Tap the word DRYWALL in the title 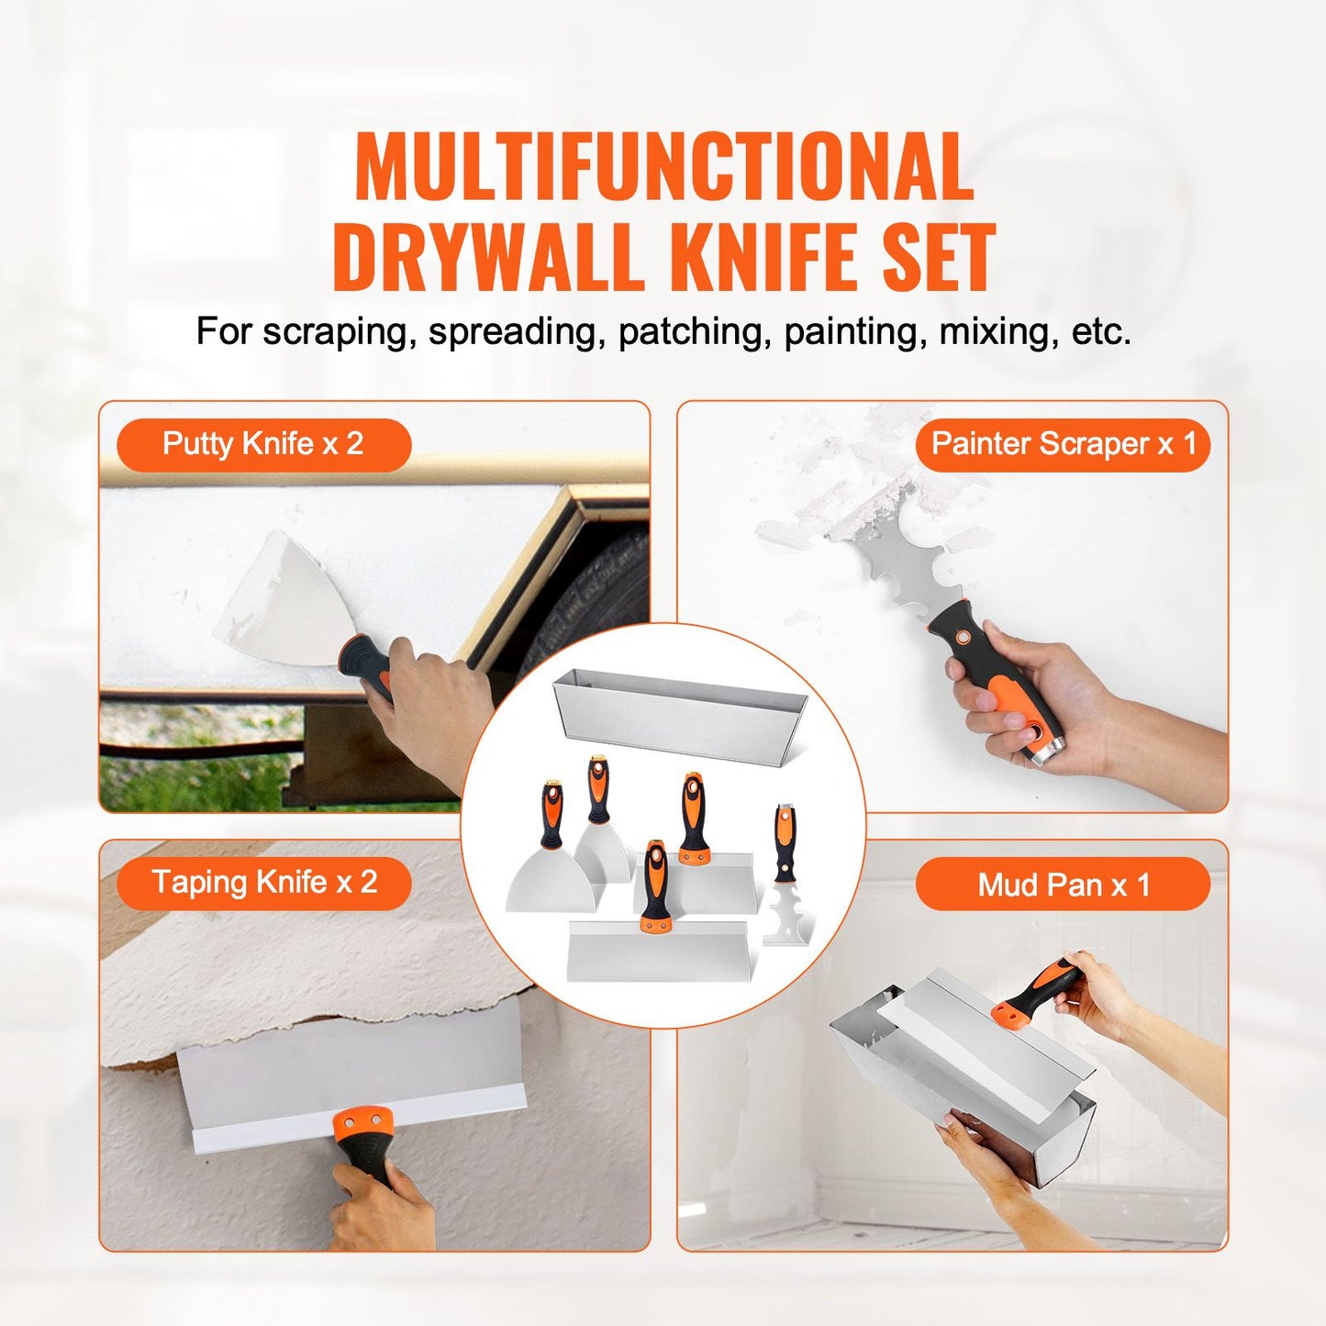[x=485, y=256]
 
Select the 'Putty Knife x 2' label [x=263, y=444]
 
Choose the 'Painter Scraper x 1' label [x=1064, y=444]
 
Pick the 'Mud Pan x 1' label [x=1064, y=885]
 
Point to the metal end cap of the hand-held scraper [x=1047, y=752]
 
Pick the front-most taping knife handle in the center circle [x=656, y=886]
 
